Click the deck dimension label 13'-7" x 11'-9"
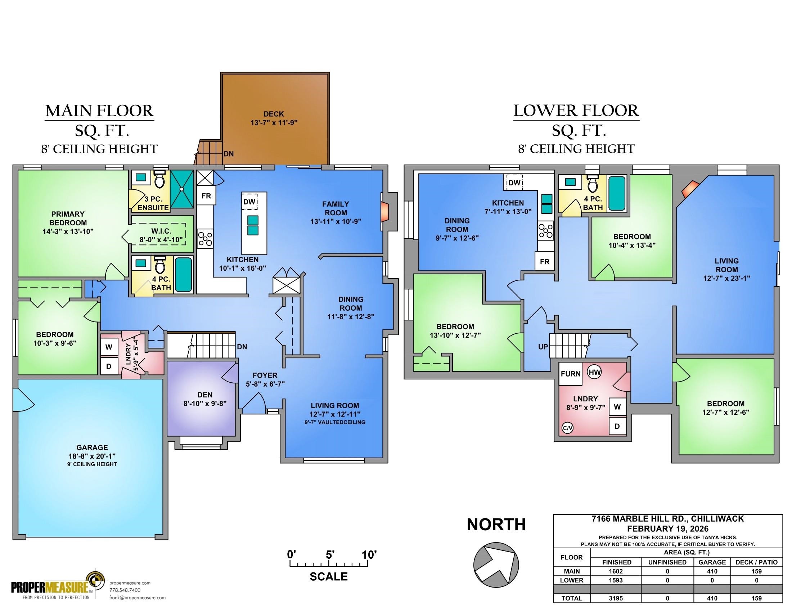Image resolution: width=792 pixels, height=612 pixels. tap(274, 122)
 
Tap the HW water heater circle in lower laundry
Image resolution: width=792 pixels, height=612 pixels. tap(594, 372)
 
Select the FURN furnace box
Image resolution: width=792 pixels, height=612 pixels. tap(571, 374)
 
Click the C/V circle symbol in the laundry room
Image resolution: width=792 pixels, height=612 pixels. tap(567, 428)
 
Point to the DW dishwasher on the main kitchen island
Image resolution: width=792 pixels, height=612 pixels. tap(249, 202)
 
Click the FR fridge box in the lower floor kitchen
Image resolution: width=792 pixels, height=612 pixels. tap(544, 262)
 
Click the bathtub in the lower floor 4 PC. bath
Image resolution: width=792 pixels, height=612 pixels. tap(616, 193)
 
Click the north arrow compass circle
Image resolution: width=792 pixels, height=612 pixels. tap(496, 564)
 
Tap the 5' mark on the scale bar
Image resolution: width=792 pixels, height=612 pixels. tap(329, 555)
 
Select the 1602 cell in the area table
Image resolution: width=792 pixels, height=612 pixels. tap(616, 571)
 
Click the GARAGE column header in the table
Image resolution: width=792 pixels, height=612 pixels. tap(711, 562)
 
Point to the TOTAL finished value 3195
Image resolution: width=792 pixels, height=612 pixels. tap(616, 598)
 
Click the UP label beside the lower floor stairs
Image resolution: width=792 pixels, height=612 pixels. tap(543, 347)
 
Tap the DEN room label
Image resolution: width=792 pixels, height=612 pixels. tap(205, 395)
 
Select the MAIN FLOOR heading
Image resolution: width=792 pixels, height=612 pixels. tap(99, 111)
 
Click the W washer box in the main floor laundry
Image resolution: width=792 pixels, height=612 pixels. tap(108, 347)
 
